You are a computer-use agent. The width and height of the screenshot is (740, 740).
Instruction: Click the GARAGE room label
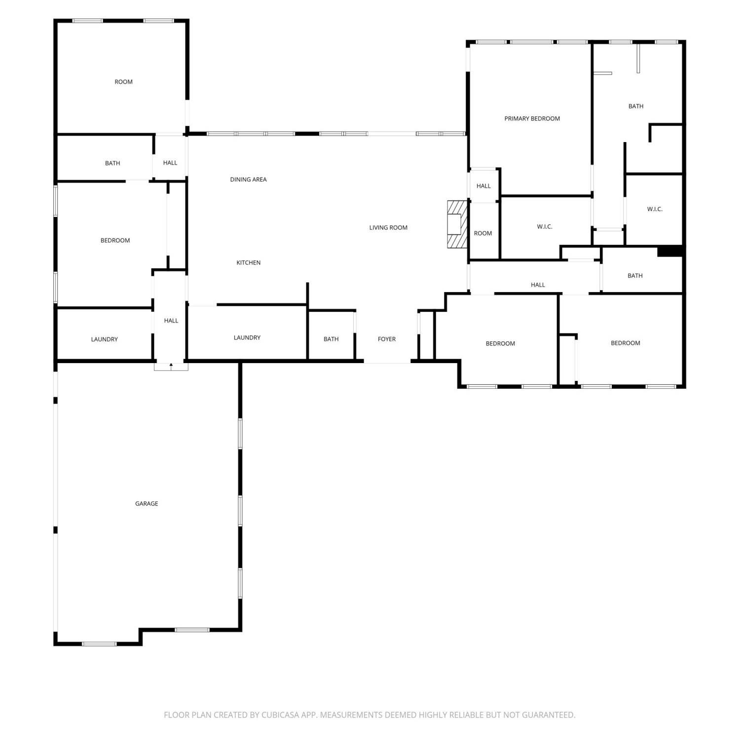(147, 504)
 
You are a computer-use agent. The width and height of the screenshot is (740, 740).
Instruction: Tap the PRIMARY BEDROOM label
(532, 118)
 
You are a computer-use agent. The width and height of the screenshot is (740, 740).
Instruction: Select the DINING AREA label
(248, 180)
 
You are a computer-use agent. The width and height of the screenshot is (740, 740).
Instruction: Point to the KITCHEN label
(248, 262)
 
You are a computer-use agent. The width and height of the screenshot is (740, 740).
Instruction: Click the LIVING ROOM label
(388, 227)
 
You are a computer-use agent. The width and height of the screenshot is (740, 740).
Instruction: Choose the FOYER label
(387, 339)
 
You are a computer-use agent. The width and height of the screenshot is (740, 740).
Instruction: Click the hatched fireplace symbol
(457, 224)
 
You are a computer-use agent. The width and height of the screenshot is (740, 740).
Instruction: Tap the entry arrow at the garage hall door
(171, 366)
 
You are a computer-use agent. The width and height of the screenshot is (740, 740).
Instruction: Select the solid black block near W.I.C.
(670, 251)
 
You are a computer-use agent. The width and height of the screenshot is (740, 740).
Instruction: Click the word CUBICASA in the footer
(280, 715)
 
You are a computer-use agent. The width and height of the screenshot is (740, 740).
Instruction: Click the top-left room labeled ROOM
(123, 82)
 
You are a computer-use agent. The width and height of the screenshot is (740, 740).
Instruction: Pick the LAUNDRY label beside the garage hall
(104, 339)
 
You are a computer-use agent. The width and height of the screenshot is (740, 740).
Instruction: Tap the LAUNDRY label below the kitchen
(247, 337)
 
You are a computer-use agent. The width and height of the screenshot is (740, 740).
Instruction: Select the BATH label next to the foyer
(331, 339)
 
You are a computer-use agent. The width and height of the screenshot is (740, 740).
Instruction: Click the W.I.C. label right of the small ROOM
(545, 226)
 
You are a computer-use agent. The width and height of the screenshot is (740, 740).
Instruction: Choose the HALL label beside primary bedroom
(483, 186)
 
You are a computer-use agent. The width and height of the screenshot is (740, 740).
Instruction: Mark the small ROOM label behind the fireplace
(483, 233)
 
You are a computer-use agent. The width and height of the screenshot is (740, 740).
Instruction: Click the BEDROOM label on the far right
(626, 343)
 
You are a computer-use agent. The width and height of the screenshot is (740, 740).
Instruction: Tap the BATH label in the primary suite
(636, 106)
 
